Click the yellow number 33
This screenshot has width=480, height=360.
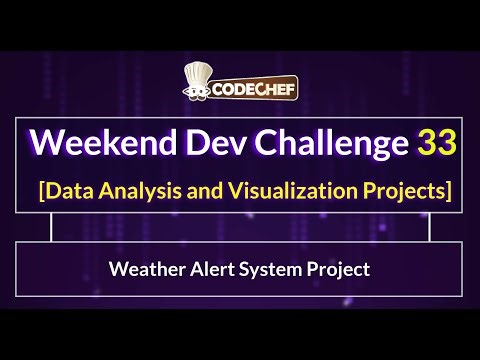pyautogui.click(x=437, y=143)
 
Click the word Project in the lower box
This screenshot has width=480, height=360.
pyautogui.click(x=331, y=269)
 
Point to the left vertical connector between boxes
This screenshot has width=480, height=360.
pyautogui.click(x=51, y=228)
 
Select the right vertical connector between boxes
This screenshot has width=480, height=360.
pyautogui.click(x=430, y=228)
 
